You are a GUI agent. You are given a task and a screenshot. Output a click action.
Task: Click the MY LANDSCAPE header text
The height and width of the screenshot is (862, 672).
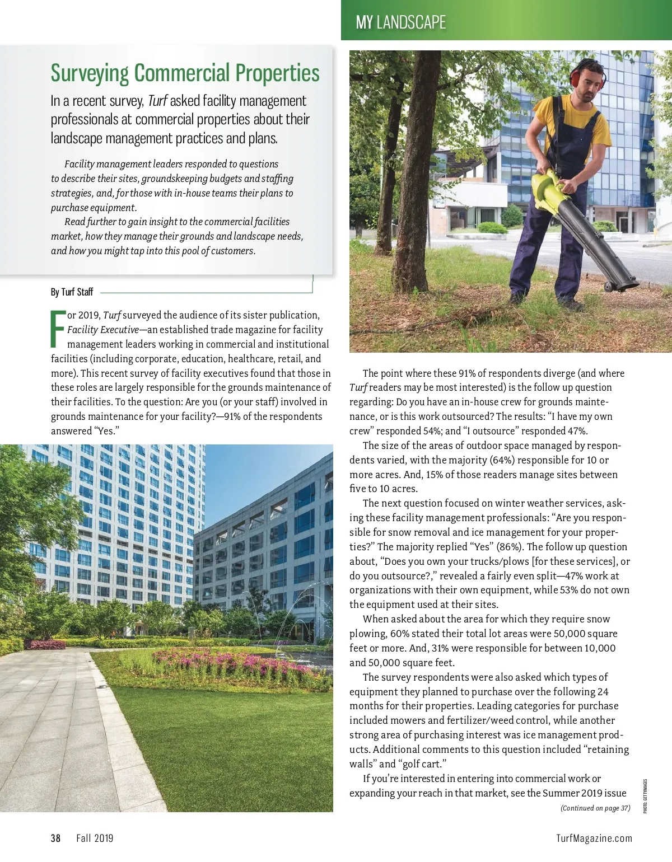tap(401, 22)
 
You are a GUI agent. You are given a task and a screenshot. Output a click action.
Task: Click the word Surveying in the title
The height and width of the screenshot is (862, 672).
tap(90, 73)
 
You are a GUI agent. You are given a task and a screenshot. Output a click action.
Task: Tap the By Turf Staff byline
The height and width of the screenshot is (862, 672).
tap(72, 292)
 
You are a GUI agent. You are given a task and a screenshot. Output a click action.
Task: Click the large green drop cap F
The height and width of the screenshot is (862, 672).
tap(58, 329)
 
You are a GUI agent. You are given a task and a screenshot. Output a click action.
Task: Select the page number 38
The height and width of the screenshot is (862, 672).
tap(55, 838)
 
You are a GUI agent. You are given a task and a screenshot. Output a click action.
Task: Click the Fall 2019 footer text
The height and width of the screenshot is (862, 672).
tap(95, 838)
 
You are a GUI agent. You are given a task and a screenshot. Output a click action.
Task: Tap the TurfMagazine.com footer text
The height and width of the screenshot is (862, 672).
tap(594, 838)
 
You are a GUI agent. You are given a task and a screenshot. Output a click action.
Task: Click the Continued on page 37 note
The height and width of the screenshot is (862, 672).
tap(595, 808)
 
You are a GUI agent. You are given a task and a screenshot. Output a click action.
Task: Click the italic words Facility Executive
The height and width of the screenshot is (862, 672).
tap(103, 330)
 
